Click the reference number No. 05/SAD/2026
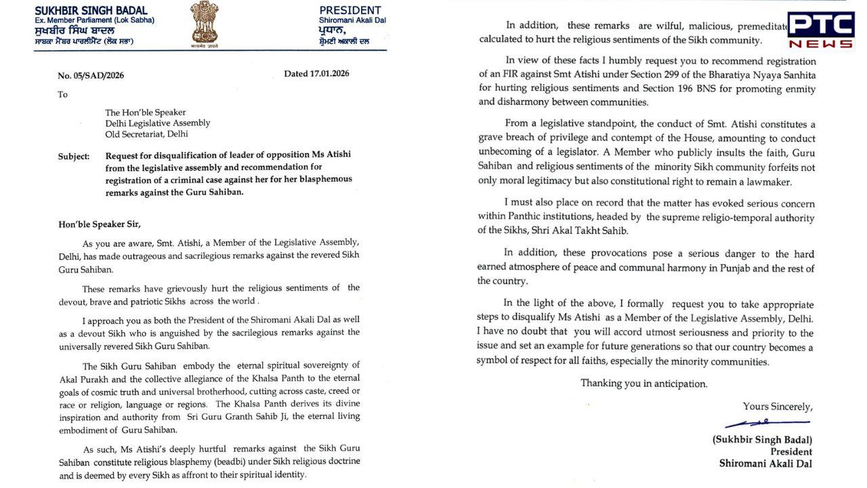click(x=91, y=75)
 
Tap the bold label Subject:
click(x=74, y=157)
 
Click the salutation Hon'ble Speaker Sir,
click(x=100, y=224)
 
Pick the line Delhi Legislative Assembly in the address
click(x=157, y=123)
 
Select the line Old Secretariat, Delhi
click(x=146, y=134)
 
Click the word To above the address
click(x=63, y=94)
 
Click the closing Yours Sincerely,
click(x=777, y=407)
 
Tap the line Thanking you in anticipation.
click(x=643, y=384)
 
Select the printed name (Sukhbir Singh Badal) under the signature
click(x=762, y=439)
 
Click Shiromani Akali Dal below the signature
click(x=765, y=464)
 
